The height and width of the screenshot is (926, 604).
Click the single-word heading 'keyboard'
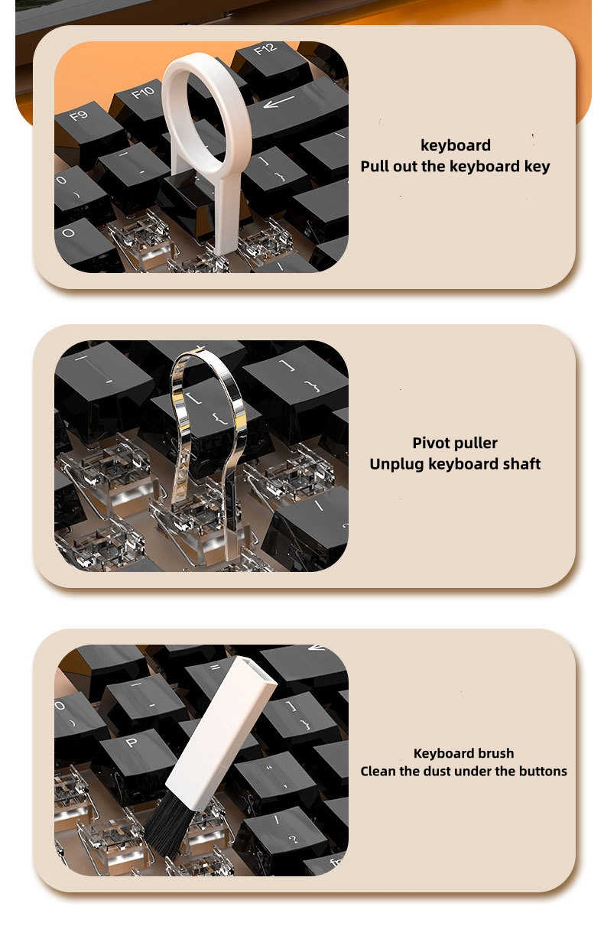456,145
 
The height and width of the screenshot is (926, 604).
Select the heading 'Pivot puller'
455,443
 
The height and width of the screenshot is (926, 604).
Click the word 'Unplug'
397,463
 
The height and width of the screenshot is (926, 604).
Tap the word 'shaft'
520,463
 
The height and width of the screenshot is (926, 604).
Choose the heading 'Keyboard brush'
463,753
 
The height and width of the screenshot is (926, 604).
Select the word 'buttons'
541,771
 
